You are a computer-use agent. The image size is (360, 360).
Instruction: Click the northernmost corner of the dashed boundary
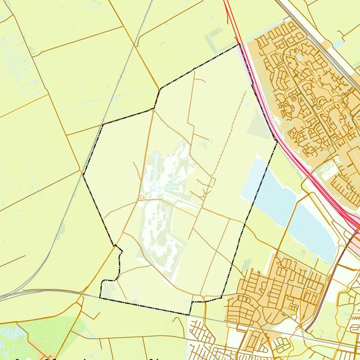238,45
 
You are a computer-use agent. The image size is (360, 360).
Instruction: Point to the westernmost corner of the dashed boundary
83,175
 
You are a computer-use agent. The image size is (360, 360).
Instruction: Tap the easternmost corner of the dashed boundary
277,141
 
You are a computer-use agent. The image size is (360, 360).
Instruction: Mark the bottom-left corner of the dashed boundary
101,297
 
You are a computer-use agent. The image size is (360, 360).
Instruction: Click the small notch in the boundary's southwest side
119,248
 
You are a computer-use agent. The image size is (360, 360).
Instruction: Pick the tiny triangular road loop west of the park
142,198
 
